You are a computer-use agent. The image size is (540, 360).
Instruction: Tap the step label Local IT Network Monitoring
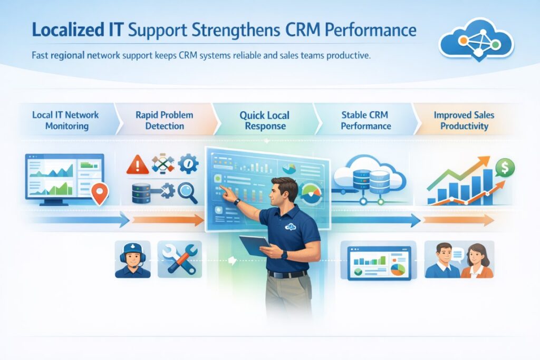(65, 121)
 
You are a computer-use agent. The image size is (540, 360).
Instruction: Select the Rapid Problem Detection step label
(164, 121)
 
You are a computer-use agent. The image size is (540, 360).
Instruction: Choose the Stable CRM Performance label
(365, 121)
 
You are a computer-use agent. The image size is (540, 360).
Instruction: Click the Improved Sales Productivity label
(461, 121)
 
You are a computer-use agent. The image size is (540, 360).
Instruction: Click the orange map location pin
(99, 193)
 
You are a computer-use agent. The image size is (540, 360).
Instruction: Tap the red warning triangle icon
(137, 165)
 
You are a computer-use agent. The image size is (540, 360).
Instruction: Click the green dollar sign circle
(505, 168)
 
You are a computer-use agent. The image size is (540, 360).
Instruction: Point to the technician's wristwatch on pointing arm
(237, 201)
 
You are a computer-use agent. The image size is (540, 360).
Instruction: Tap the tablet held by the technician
(255, 246)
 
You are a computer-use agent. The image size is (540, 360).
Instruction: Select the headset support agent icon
(132, 259)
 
